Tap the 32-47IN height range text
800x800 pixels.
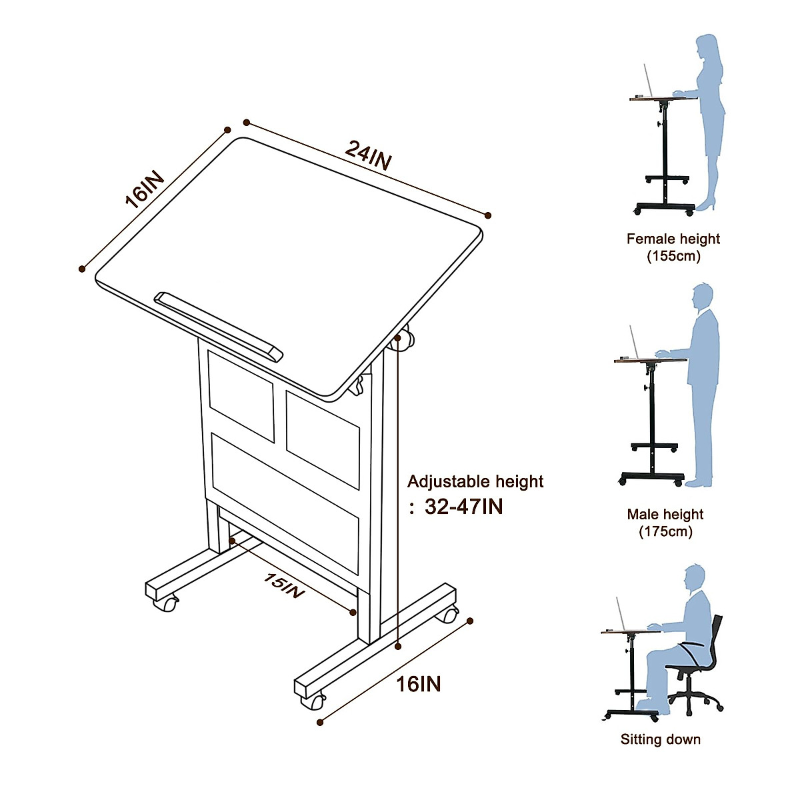tap(464, 507)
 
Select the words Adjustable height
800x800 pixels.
tap(475, 481)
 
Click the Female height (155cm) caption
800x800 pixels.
tap(673, 247)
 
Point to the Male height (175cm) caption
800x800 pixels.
tap(665, 523)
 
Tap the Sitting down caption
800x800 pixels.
tap(660, 739)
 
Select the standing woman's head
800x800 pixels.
tap(707, 49)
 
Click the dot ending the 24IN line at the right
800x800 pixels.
tap(488, 215)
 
